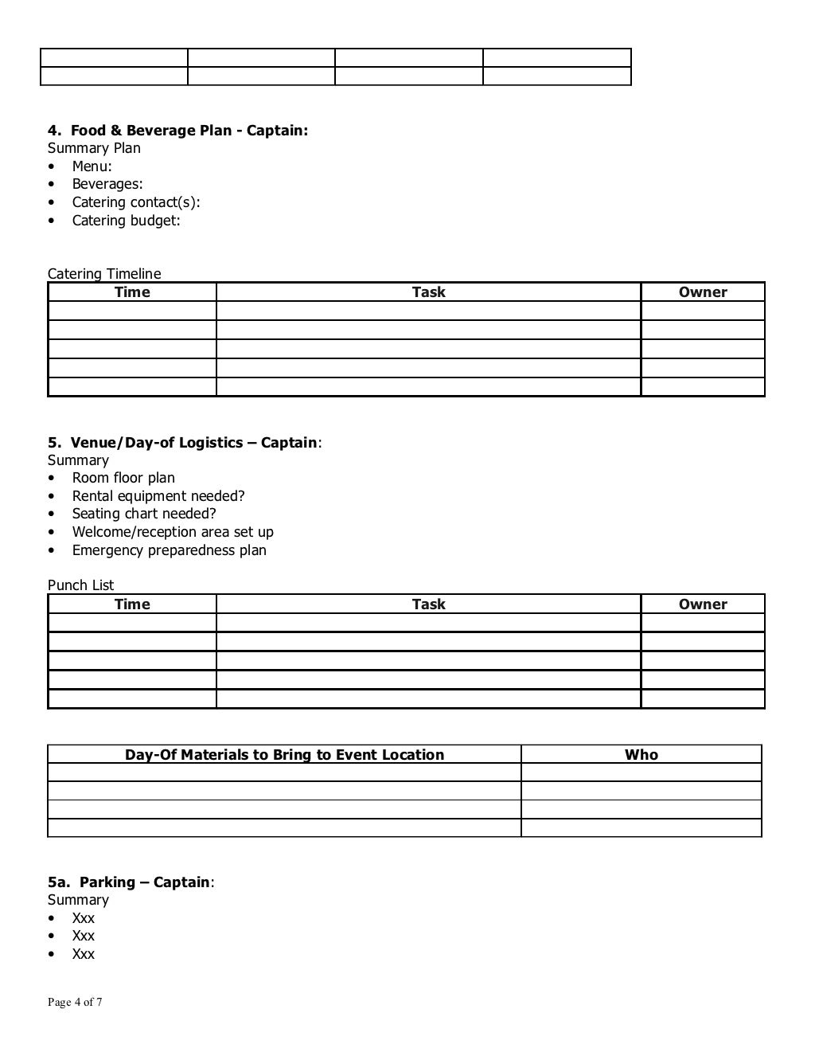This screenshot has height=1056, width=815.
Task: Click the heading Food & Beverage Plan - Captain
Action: (177, 131)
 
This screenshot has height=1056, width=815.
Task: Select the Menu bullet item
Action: (92, 166)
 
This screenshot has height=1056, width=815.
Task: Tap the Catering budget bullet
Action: (126, 221)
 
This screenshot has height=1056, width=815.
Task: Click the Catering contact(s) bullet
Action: (135, 202)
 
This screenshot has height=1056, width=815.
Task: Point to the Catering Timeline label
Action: (104, 274)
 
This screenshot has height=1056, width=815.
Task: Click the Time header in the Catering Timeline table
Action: (132, 292)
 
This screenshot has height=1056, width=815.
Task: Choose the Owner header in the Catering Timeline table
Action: (703, 292)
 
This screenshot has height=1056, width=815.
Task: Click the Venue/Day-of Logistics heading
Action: (185, 443)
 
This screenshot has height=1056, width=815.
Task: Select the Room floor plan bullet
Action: (123, 478)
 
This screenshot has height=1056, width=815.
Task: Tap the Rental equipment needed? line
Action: (158, 496)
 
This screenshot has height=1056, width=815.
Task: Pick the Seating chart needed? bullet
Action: (144, 514)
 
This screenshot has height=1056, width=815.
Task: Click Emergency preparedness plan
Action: (169, 550)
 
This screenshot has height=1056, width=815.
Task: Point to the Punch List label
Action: (81, 585)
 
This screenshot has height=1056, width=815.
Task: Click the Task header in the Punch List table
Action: (428, 604)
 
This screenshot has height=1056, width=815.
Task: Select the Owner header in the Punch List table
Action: (703, 604)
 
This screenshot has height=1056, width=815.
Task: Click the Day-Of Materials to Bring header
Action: (284, 755)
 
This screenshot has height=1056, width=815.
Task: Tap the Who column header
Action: (641, 755)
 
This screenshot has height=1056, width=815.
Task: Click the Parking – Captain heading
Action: (131, 882)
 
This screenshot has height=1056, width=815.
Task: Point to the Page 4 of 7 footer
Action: (75, 1003)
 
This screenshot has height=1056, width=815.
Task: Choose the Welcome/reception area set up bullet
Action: (173, 532)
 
